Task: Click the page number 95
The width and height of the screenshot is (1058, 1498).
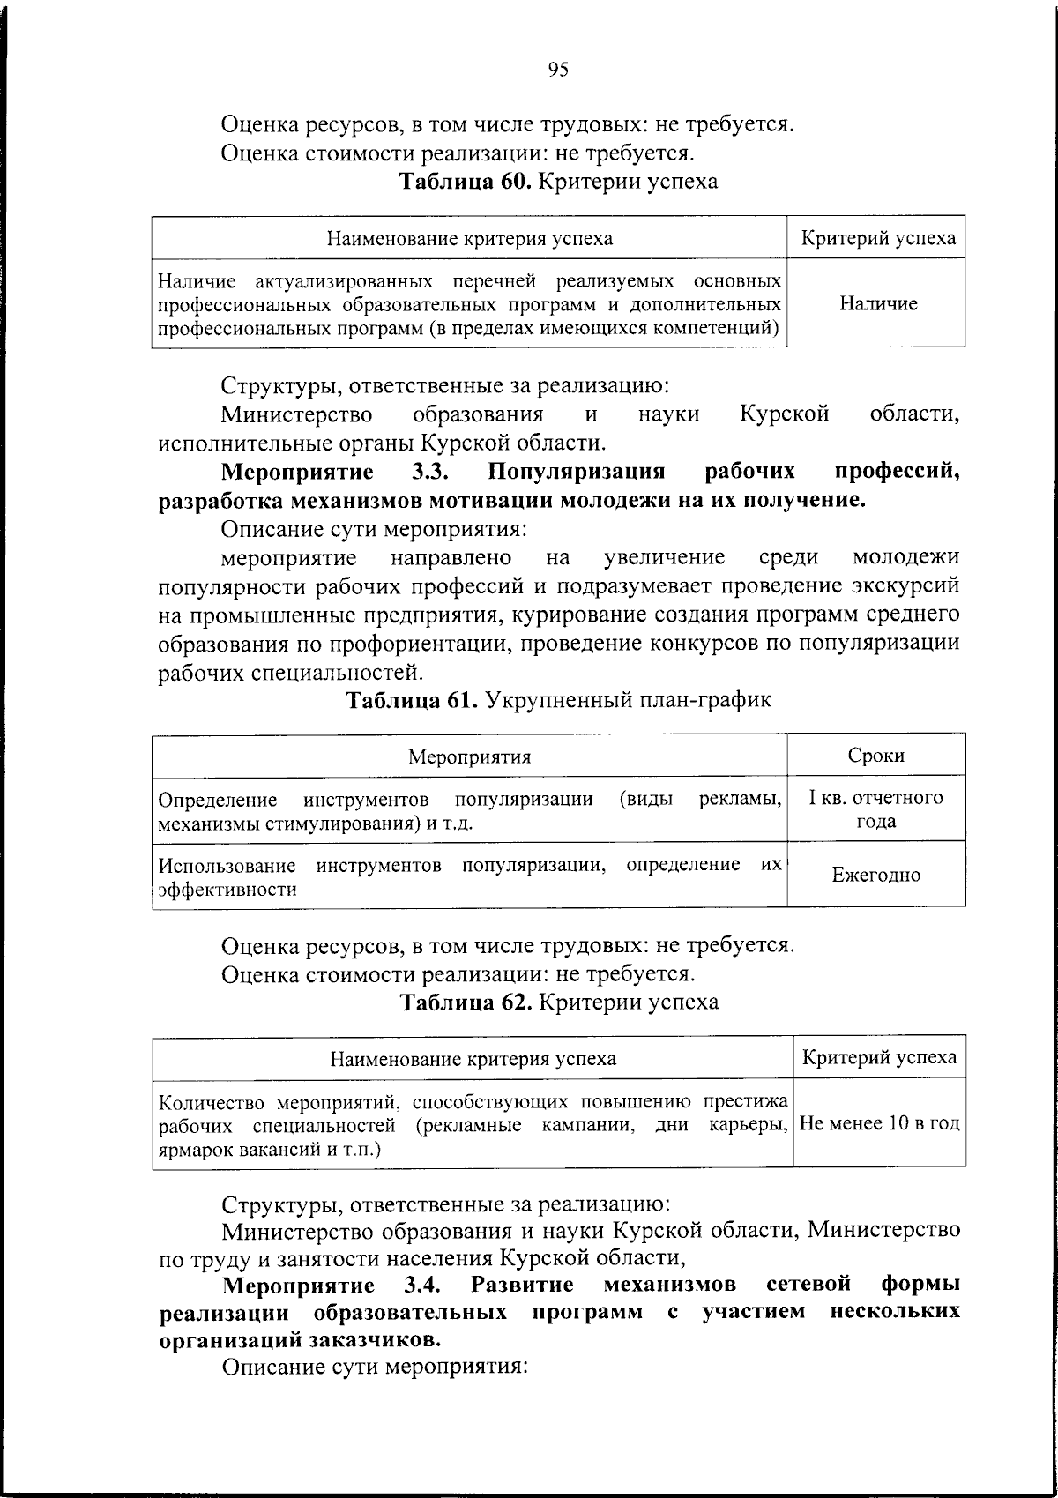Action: [558, 70]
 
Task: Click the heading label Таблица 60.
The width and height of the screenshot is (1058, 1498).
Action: [465, 182]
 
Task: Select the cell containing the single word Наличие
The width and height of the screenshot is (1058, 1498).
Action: [877, 303]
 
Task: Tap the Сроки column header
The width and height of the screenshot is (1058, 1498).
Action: [875, 756]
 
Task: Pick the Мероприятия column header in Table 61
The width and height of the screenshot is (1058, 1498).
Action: [469, 756]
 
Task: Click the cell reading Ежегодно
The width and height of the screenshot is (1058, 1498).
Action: [876, 875]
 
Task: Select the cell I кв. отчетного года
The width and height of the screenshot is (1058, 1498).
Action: [876, 809]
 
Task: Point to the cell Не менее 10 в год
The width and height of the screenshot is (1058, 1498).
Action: [879, 1124]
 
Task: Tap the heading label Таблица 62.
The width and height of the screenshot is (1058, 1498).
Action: [466, 1002]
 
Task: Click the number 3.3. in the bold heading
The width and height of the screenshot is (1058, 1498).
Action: [432, 473]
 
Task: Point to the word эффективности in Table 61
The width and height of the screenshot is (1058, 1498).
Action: [227, 889]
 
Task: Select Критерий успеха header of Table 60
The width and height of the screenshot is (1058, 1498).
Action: [877, 238]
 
